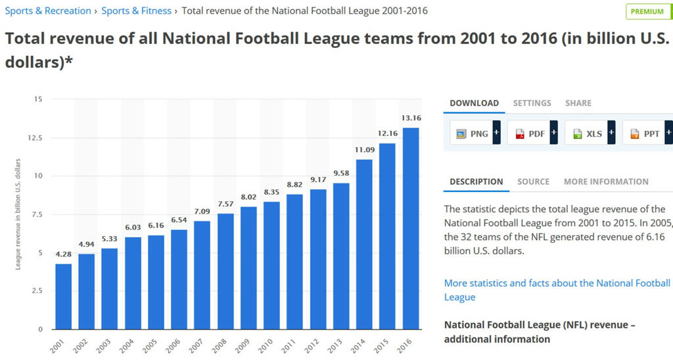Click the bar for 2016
(x=411, y=228)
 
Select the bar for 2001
(x=64, y=297)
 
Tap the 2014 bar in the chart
(x=364, y=244)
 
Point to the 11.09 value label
(x=364, y=150)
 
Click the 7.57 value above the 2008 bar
(x=225, y=204)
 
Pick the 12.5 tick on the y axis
(x=35, y=138)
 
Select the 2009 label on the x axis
(x=242, y=345)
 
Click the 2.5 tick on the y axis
(x=37, y=291)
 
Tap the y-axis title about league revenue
(x=18, y=214)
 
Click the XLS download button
(x=590, y=133)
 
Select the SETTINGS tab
(x=532, y=103)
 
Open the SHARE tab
(x=578, y=103)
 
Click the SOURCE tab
(x=533, y=181)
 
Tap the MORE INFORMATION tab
(x=606, y=181)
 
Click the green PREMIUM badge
(x=648, y=12)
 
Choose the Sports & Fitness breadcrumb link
(x=136, y=11)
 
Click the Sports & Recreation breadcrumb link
(x=48, y=11)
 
